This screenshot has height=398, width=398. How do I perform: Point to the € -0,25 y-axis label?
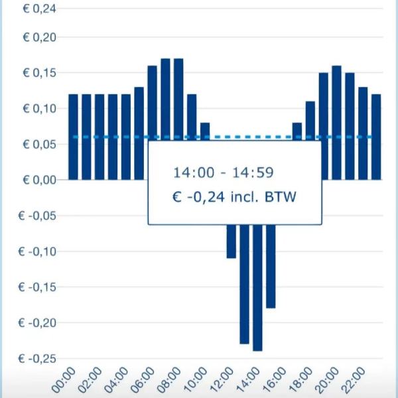(x=38, y=359)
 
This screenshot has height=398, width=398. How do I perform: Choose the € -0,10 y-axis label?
(x=38, y=251)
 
